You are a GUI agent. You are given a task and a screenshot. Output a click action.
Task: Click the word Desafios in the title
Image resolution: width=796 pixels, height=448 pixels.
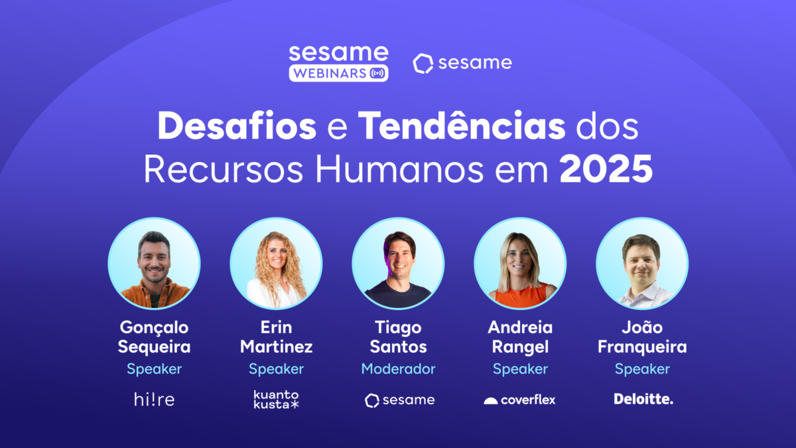tap(237, 126)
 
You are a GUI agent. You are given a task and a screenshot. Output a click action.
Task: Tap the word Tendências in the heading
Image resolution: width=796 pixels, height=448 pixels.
tap(462, 125)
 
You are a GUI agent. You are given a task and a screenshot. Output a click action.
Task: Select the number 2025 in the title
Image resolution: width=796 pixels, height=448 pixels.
tap(606, 169)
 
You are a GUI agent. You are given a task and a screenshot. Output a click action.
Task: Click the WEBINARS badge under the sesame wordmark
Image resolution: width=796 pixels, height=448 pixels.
tap(338, 73)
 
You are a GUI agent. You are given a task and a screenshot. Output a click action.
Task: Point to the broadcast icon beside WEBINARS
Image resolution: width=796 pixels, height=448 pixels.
tap(377, 73)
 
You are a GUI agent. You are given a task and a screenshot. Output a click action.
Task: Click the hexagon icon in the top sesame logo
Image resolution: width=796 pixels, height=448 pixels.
tap(423, 64)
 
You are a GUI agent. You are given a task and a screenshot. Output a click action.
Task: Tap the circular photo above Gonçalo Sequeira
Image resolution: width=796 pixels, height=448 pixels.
tap(154, 263)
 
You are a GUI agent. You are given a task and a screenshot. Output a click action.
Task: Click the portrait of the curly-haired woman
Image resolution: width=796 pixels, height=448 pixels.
tap(276, 263)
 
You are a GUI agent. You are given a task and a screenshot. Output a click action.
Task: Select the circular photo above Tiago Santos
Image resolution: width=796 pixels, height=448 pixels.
tap(398, 263)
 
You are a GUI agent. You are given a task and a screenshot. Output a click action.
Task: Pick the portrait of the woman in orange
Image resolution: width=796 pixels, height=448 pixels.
tap(520, 263)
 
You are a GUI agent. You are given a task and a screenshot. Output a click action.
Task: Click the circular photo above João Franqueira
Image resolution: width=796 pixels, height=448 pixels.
tap(642, 263)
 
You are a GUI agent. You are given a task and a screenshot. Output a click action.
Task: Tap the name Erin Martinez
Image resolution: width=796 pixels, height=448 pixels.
tap(276, 336)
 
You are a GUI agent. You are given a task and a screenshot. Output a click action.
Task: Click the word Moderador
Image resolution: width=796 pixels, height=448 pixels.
tap(398, 369)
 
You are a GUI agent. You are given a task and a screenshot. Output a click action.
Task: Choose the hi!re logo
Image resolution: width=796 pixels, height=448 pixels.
tap(154, 400)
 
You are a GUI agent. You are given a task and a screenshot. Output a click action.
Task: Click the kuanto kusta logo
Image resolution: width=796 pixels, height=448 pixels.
tap(276, 400)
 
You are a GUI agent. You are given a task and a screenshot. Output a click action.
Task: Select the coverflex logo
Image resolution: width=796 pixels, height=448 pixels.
tap(519, 400)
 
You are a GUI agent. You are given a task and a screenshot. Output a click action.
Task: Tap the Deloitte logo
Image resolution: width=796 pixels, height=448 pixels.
tap(643, 399)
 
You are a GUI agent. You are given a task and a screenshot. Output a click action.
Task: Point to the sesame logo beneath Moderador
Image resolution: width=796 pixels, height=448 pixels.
tap(400, 400)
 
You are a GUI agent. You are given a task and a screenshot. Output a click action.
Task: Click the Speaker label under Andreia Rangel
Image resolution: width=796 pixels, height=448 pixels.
tap(520, 369)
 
